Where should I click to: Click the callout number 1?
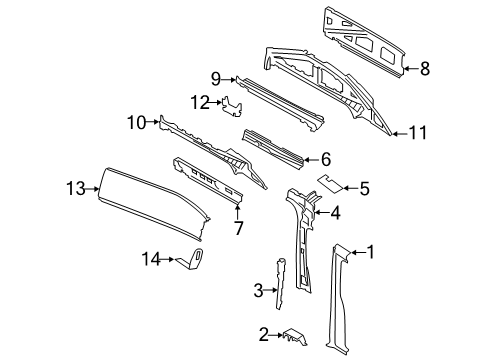pyautogui.click(x=372, y=252)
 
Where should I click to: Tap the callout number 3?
pyautogui.click(x=258, y=291)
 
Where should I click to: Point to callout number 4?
pyautogui.click(x=337, y=211)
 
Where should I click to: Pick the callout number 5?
pyautogui.click(x=364, y=186)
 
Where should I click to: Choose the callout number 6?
pyautogui.click(x=325, y=158)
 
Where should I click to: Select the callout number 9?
pyautogui.click(x=214, y=78)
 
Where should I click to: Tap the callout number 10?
pyautogui.click(x=136, y=123)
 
